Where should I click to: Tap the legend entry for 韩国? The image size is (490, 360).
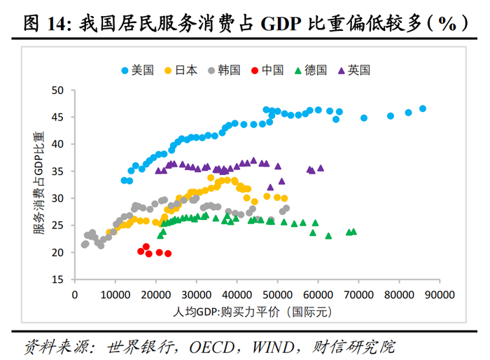tap(224, 70)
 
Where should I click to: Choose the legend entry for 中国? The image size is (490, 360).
tap(267, 70)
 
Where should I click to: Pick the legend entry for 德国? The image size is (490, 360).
tap(311, 70)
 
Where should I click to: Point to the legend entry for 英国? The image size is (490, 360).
tap(353, 70)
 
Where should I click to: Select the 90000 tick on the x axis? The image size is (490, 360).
tap(440, 295)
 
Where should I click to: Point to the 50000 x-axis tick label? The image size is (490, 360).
tap(277, 295)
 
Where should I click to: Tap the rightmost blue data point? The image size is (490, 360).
tap(423, 109)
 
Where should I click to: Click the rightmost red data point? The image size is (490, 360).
tap(168, 254)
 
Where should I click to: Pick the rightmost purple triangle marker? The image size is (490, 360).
tap(321, 168)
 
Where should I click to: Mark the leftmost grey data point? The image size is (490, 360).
tap(85, 244)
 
